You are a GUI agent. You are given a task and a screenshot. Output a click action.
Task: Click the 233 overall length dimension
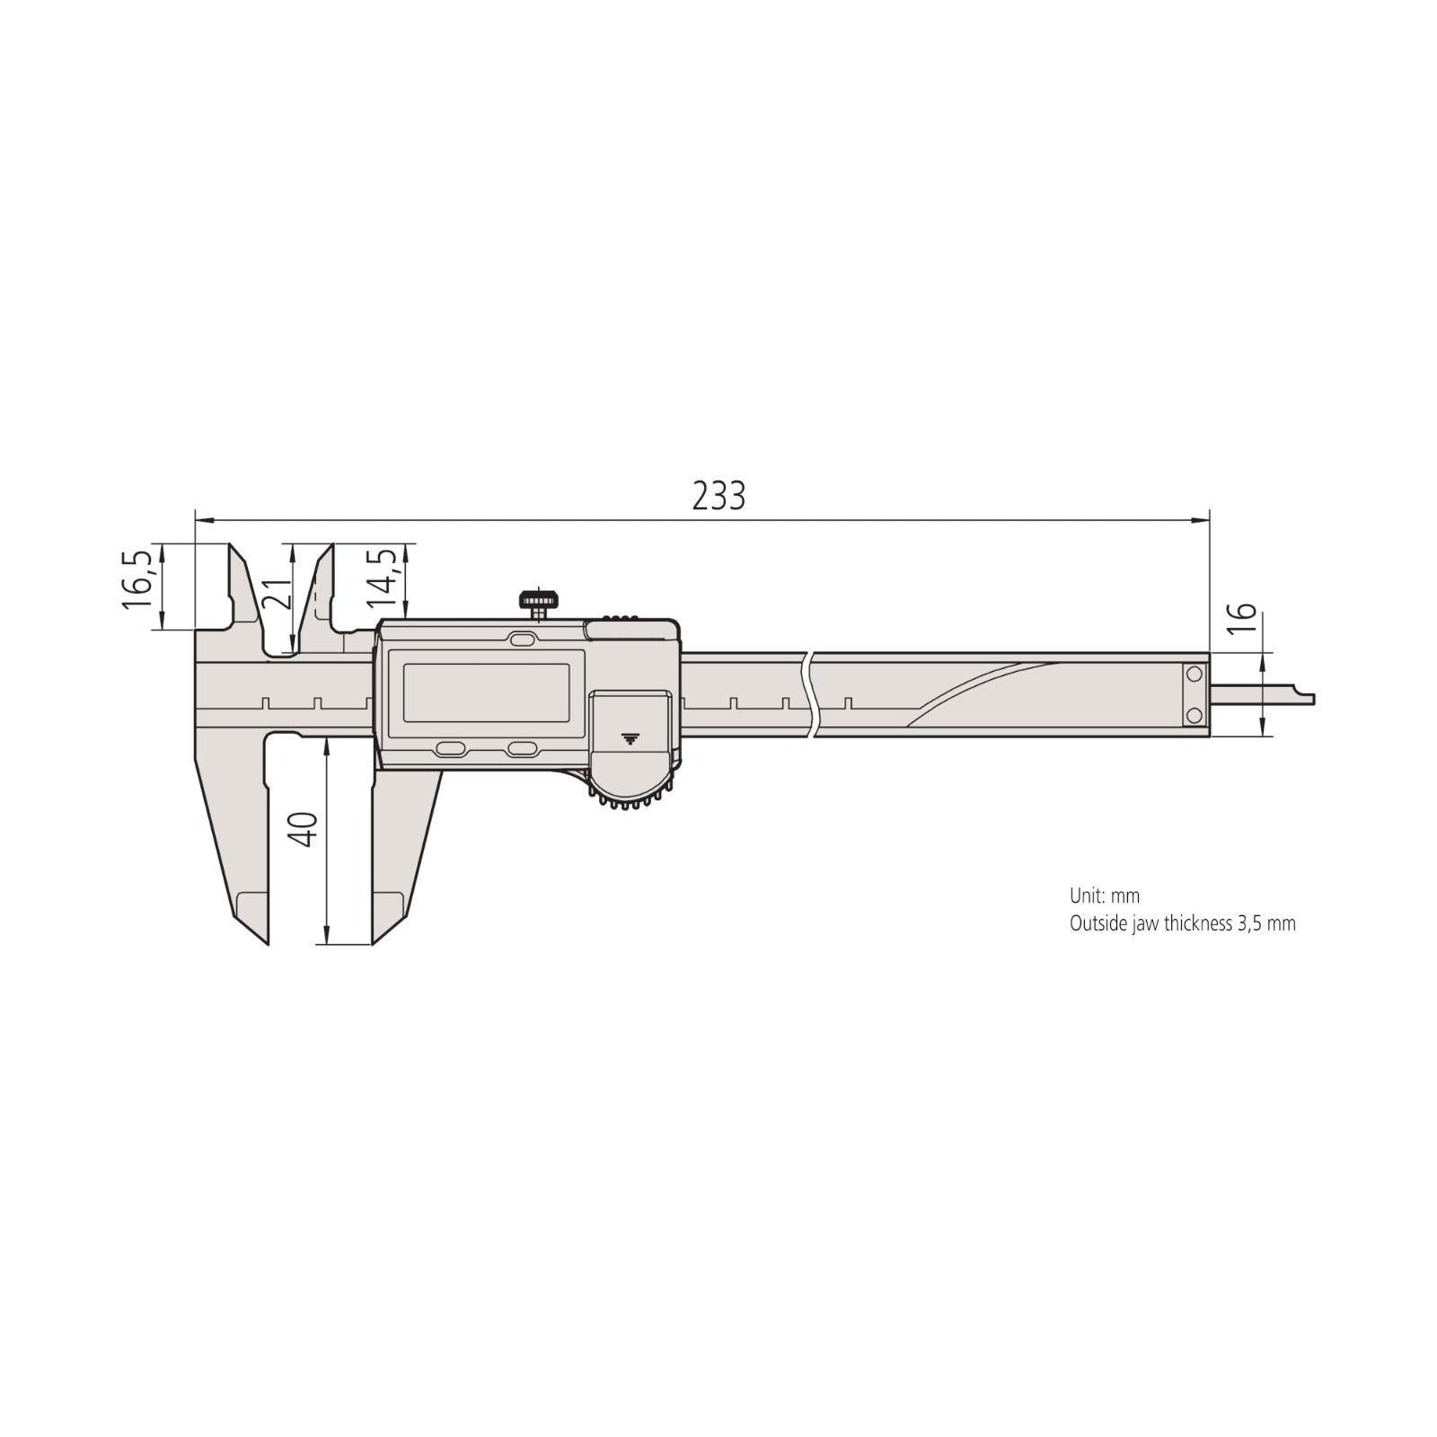(x=718, y=496)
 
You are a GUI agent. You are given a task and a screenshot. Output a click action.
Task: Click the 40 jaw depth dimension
(x=306, y=828)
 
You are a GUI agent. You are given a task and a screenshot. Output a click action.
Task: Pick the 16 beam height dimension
(x=1240, y=620)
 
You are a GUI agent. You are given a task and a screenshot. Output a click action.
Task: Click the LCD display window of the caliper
(x=486, y=692)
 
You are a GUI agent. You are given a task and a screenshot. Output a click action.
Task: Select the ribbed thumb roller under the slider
(x=630, y=796)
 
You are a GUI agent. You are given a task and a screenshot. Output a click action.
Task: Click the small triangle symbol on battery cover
(x=630, y=738)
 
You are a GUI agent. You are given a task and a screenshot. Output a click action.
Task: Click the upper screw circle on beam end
(x=1194, y=674)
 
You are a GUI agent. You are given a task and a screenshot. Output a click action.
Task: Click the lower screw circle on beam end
(x=1194, y=715)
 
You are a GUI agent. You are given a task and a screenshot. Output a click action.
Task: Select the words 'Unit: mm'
(x=1104, y=895)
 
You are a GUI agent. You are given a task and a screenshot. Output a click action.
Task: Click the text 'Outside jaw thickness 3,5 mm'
(x=1182, y=923)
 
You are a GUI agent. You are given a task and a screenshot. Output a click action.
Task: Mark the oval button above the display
(x=522, y=639)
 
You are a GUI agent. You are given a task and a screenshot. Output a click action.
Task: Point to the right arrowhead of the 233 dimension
(x=1202, y=519)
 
